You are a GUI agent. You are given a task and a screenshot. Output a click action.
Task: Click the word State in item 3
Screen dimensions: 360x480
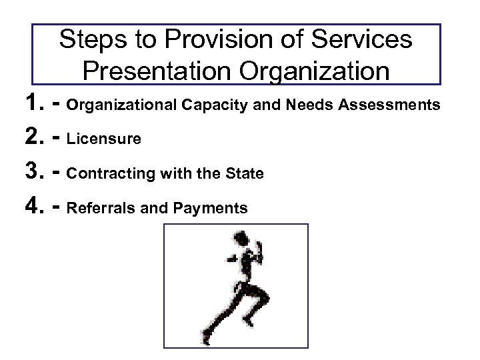246,173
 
